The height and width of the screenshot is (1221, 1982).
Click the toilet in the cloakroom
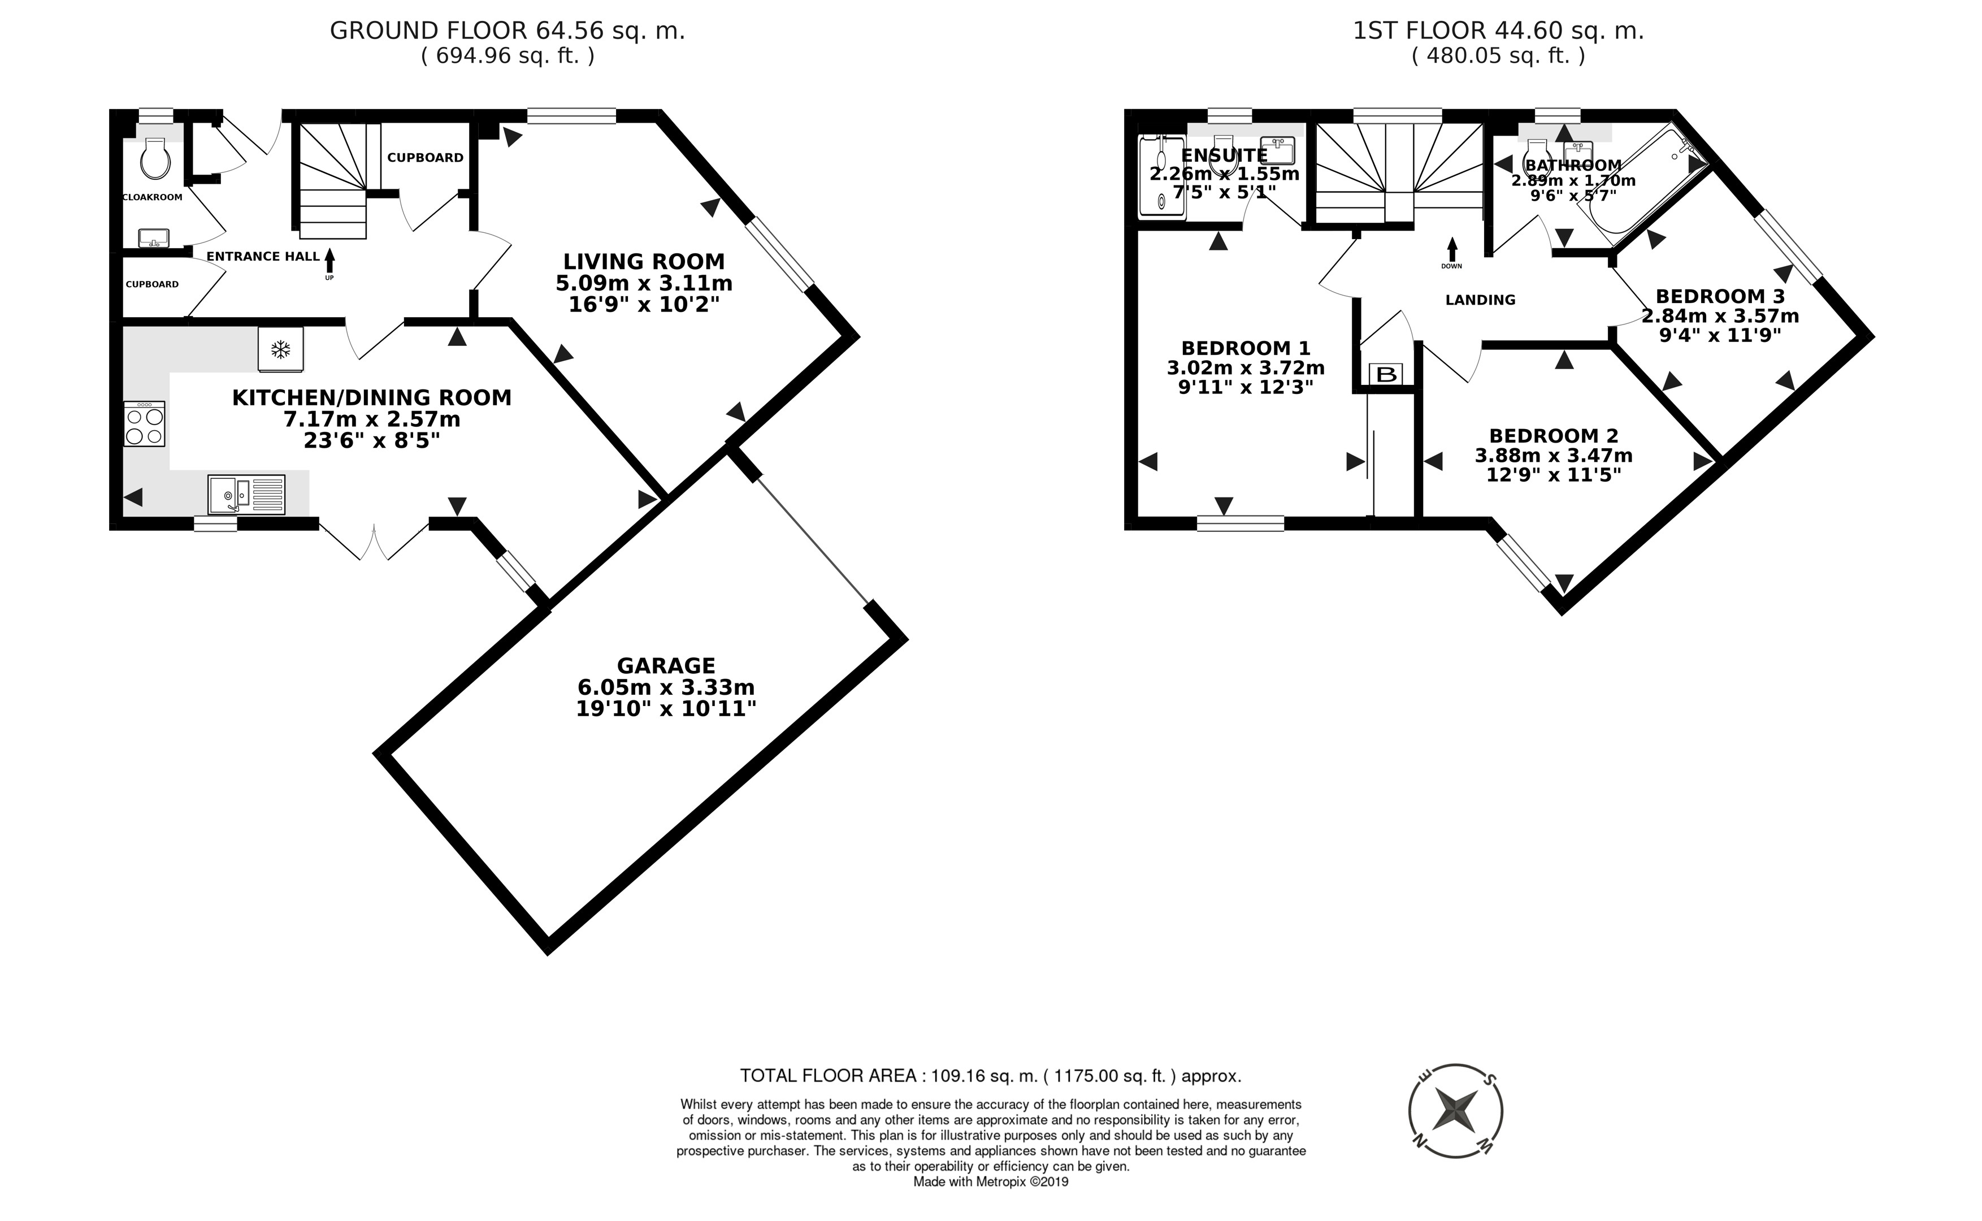point(154,158)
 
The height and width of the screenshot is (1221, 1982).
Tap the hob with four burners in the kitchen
point(145,424)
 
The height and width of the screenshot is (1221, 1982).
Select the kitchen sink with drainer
point(246,494)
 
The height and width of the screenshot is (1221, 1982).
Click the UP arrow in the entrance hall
point(329,262)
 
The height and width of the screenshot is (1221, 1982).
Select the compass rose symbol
point(1456,1110)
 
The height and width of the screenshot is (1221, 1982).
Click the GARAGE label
point(666,665)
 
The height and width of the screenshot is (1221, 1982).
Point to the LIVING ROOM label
point(644,262)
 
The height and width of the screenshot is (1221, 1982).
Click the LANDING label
point(1480,300)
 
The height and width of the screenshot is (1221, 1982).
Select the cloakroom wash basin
point(153,238)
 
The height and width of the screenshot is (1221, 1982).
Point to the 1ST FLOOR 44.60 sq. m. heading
point(1498,31)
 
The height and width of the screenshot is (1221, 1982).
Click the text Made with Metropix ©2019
point(991,1181)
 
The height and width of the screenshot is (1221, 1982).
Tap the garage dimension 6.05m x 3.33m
point(666,687)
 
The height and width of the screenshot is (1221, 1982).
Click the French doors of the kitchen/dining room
point(374,541)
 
